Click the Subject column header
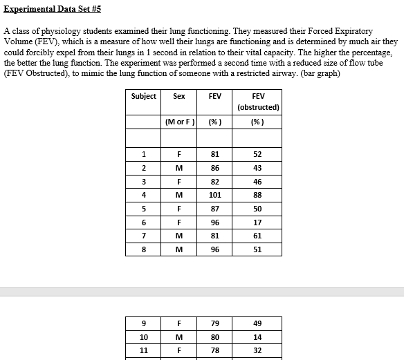[143, 96]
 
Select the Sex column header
[179, 96]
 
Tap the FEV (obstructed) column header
[257, 102]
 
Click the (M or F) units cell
[179, 122]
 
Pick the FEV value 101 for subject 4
[215, 195]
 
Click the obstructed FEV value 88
[257, 195]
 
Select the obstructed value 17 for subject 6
[257, 222]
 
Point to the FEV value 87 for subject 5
[215, 209]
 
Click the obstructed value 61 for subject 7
[257, 236]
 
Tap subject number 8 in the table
[143, 250]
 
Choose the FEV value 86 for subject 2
[215, 167]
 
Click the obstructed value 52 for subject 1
[257, 153]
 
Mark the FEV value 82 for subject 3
[215, 181]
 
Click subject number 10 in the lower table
[143, 337]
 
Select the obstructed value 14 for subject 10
[257, 337]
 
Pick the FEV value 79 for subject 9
[215, 323]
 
